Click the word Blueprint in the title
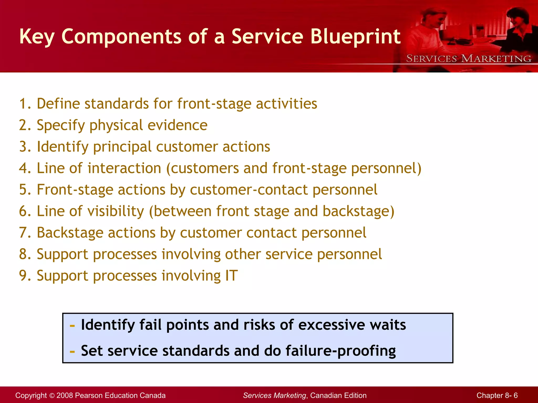pyautogui.click(x=355, y=37)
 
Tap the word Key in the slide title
pyautogui.click(x=37, y=37)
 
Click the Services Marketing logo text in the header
pyautogui.click(x=469, y=59)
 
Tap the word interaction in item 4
pyautogui.click(x=124, y=168)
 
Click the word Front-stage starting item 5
pyautogui.click(x=75, y=190)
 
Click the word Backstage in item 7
pyautogui.click(x=70, y=233)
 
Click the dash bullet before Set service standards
pyautogui.click(x=72, y=352)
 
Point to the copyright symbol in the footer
pyautogui.click(x=51, y=396)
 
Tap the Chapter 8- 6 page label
pyautogui.click(x=497, y=395)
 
